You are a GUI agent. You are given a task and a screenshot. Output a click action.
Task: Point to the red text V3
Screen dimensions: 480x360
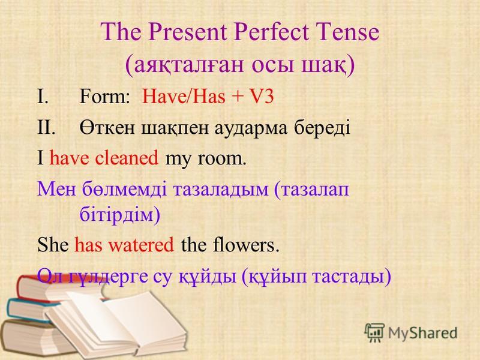[262, 97]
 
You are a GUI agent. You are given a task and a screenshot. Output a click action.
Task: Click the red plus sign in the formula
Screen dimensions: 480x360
[236, 97]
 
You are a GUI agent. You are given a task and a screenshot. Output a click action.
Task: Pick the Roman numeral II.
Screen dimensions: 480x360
[46, 127]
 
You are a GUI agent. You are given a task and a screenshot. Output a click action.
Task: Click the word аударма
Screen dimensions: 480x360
[251, 128]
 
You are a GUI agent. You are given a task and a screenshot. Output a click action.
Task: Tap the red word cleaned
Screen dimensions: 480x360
[127, 158]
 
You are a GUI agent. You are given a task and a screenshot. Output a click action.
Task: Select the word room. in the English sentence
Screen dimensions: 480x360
[221, 159]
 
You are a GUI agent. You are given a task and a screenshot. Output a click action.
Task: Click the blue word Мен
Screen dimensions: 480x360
[56, 190]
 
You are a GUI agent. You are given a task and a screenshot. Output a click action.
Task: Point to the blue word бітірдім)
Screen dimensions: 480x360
[120, 214]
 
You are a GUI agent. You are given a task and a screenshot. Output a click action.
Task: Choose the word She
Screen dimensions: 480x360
[53, 245]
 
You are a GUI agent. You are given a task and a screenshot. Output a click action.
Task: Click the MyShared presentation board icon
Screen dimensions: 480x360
[374, 332]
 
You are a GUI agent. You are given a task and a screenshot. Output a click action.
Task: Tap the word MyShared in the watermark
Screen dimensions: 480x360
[423, 332]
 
